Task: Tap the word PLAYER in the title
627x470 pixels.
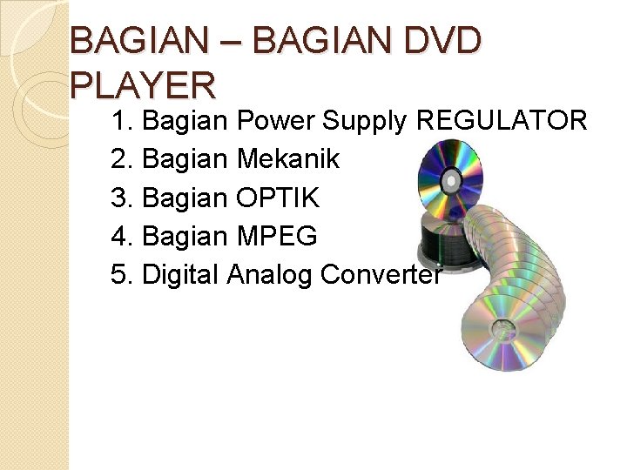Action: [143, 85]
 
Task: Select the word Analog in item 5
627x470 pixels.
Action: [271, 275]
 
